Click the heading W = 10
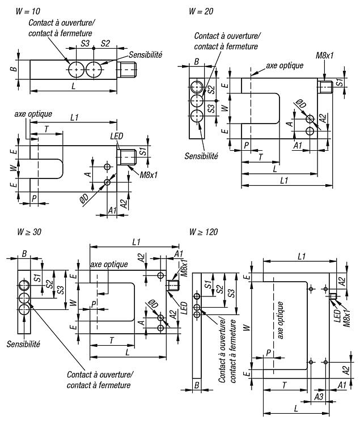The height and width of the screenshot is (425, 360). pos(28,11)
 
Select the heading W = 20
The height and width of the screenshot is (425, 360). pos(201,11)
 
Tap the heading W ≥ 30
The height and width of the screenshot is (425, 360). pos(29,232)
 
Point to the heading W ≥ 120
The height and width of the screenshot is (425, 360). pos(204,232)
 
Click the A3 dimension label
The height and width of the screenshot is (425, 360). pos(319,397)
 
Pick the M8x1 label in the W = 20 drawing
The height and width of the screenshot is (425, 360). pos(324,56)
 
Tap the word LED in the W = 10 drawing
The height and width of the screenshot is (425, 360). pos(117,136)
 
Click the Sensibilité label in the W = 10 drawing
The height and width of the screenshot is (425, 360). pos(145,55)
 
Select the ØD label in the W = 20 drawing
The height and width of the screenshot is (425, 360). pos(301,104)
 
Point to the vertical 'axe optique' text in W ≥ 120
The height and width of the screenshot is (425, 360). pos(280,320)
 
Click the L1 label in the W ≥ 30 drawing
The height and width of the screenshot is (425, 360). pos(136,242)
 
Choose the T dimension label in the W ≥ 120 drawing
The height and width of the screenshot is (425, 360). pos(284,385)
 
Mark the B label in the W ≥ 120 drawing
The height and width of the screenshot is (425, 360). pos(197,385)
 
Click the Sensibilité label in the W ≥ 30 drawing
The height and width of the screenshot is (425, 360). pos(23,344)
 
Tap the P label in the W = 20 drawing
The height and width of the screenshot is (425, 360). pos(246,146)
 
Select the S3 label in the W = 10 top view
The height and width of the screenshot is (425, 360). pos(85,44)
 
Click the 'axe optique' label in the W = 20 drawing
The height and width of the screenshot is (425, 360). pos(285,66)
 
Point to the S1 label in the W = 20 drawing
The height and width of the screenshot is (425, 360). pos(339,82)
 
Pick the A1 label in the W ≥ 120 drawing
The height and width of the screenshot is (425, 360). pos(342,385)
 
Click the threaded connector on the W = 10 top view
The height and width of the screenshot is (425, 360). pos(126,70)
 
